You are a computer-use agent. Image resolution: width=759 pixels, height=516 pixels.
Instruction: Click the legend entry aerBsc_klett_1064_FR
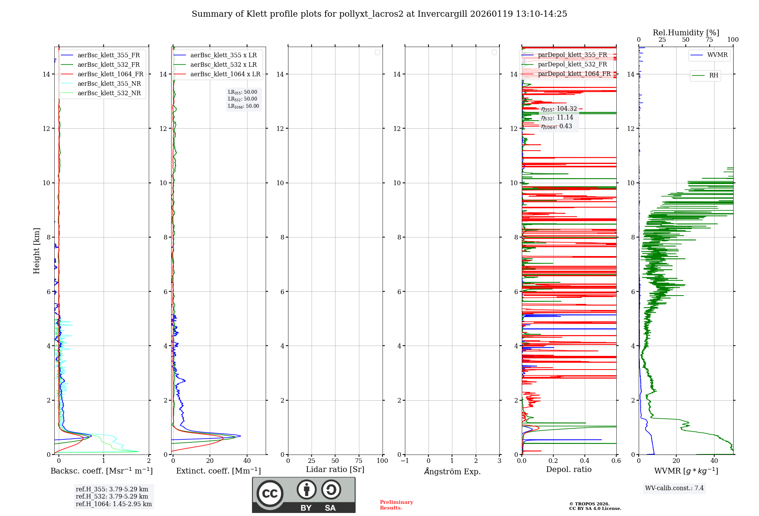(x=110, y=74)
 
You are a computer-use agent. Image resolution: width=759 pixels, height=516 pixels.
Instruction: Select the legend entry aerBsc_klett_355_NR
(x=109, y=84)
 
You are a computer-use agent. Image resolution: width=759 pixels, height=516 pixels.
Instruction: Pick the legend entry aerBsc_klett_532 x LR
(x=223, y=65)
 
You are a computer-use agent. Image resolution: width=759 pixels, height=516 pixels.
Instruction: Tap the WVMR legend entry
(x=717, y=55)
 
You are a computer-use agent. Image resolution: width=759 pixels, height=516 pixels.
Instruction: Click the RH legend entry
(x=713, y=76)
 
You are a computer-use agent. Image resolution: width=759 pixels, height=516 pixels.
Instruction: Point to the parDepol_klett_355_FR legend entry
(x=572, y=55)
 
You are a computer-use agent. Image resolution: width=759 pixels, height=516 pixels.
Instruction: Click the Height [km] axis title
(x=36, y=251)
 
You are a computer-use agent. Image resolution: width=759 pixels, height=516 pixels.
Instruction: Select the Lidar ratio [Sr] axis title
(x=335, y=470)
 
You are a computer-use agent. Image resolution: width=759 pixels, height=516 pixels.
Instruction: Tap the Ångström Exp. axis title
(x=452, y=472)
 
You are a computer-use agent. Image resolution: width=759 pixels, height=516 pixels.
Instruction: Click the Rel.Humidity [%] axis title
(x=686, y=33)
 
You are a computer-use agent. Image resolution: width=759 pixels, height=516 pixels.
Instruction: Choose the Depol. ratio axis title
(x=568, y=470)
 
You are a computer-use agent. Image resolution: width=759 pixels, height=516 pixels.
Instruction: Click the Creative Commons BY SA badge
(x=304, y=495)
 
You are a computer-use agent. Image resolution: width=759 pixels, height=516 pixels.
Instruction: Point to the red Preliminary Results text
(x=396, y=505)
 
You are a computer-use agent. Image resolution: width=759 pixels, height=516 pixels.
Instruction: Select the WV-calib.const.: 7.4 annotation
(x=674, y=488)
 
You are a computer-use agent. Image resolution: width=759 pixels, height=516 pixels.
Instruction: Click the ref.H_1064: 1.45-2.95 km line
(x=113, y=504)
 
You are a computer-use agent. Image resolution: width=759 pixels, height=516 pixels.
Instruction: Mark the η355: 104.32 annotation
(x=559, y=109)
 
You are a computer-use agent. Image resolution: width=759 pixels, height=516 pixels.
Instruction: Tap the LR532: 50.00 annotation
(x=243, y=99)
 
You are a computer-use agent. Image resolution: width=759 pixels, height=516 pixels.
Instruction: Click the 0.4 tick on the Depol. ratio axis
(x=585, y=461)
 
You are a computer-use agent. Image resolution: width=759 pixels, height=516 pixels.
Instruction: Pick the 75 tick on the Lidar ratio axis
(x=359, y=461)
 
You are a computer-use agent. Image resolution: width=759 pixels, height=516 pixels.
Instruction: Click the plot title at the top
(x=379, y=14)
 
